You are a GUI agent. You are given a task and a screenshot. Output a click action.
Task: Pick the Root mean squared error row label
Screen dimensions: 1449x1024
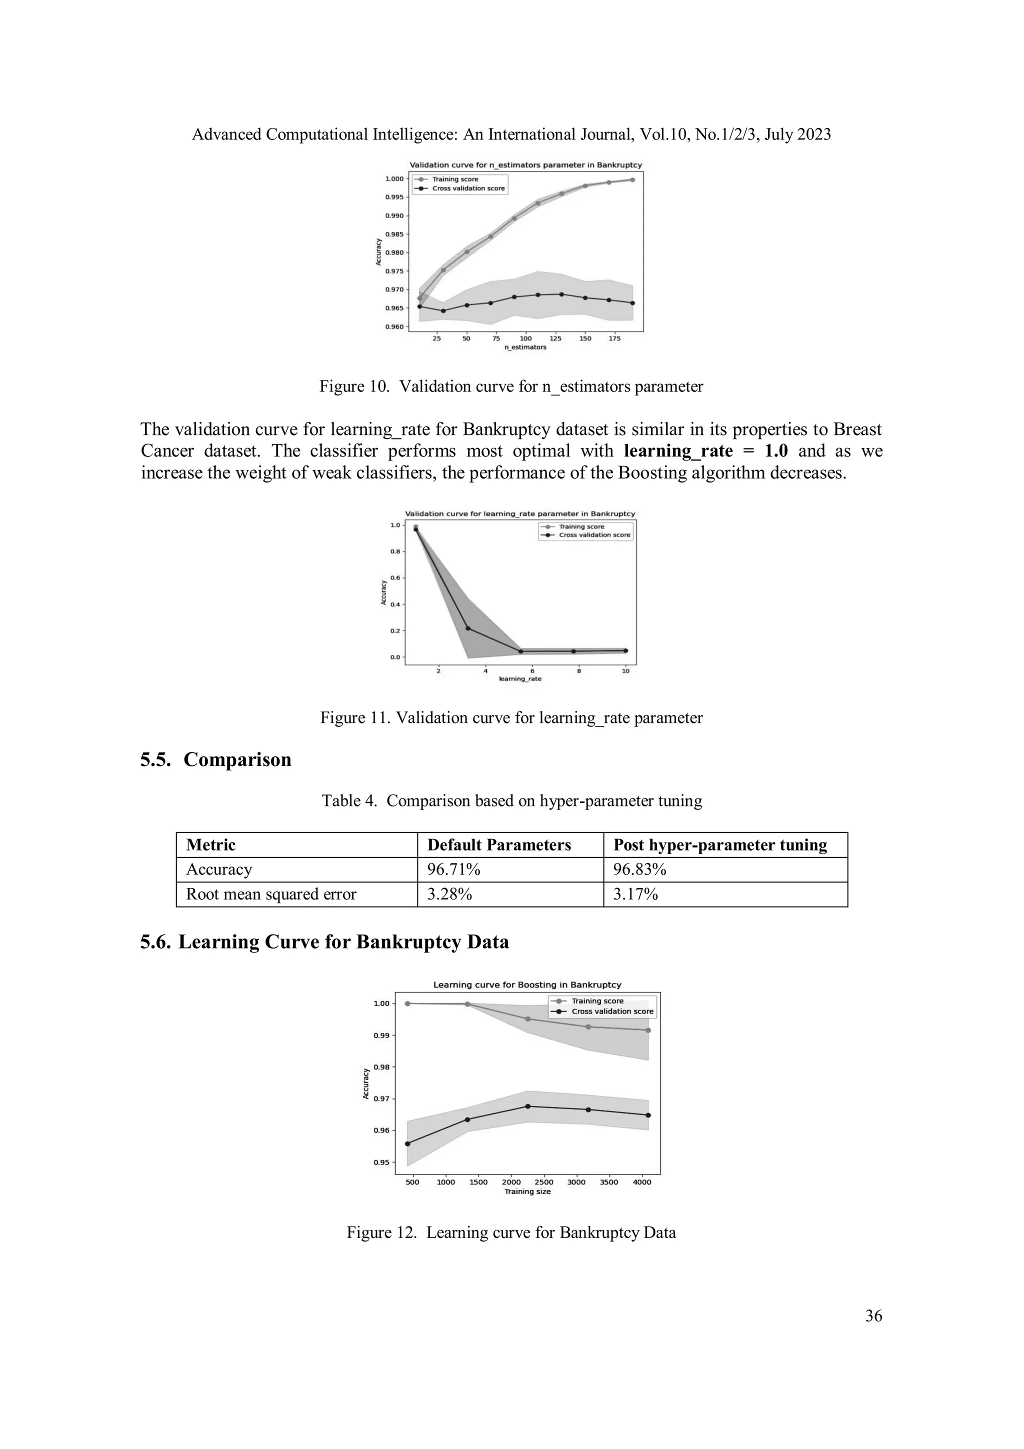pos(271,894)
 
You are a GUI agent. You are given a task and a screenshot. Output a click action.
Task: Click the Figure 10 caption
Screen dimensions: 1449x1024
pos(511,386)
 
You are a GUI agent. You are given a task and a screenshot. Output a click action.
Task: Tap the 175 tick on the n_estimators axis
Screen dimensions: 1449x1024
pos(614,339)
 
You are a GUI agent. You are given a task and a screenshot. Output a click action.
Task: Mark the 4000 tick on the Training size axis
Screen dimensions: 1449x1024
pos(641,1182)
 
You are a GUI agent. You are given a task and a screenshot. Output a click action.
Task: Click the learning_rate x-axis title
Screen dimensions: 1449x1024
pos(520,679)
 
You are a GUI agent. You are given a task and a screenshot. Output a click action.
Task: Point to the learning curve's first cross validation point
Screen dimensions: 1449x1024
pos(407,1143)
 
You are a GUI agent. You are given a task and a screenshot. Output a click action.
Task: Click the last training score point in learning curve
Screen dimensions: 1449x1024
pos(648,1030)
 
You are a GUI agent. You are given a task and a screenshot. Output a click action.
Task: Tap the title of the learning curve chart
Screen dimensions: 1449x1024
pos(527,984)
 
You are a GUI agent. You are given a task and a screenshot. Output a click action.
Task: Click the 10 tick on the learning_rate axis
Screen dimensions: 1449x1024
pos(625,671)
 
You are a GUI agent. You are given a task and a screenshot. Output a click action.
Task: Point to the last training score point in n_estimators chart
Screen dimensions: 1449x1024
pos(632,180)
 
